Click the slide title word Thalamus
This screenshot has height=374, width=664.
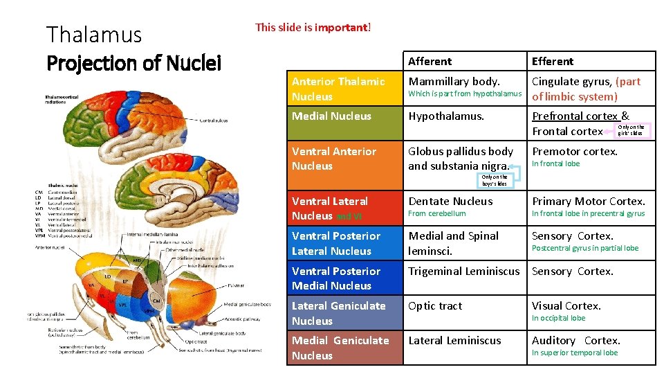point(93,34)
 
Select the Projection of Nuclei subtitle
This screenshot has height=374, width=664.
point(133,63)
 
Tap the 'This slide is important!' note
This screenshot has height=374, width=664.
point(313,28)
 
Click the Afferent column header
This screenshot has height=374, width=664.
point(430,61)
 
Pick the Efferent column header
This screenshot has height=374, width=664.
point(553,61)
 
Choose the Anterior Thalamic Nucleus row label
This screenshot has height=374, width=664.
point(338,89)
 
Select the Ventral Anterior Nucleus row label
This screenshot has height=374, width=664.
point(334,159)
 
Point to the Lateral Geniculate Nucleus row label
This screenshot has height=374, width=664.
point(338,313)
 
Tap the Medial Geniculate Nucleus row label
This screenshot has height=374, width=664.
point(340,348)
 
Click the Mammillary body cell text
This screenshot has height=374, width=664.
point(454,81)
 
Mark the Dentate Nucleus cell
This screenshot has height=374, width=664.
point(450,201)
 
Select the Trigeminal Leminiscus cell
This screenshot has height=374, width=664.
point(463,271)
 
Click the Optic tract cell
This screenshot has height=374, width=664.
point(435,305)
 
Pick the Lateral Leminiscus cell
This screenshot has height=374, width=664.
point(454,340)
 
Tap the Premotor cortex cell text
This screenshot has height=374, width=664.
point(574,151)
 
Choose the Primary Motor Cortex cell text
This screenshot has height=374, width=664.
point(588,201)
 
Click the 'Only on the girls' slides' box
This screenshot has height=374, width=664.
point(631,130)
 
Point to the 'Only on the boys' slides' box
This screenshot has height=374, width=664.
point(495,180)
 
